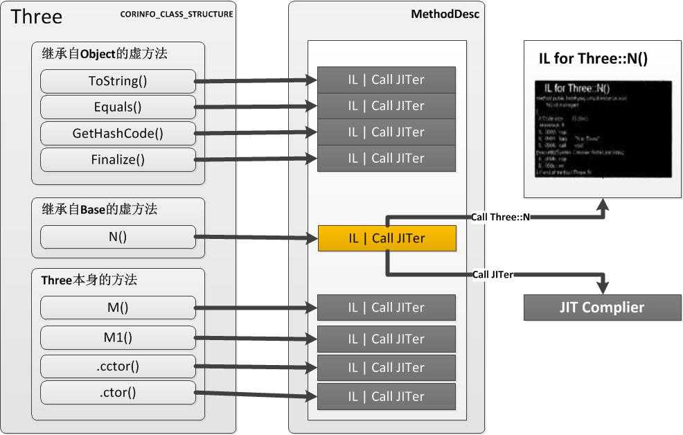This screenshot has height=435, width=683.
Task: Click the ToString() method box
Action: (x=118, y=81)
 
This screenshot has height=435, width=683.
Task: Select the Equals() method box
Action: (x=118, y=107)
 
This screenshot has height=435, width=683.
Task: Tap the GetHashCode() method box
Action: (x=118, y=133)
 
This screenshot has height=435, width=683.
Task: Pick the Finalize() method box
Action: (x=118, y=159)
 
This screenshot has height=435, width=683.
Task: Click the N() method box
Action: (x=118, y=237)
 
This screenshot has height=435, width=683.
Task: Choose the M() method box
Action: (x=118, y=308)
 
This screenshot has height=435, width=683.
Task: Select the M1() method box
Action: (x=118, y=337)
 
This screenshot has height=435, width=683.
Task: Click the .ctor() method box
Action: (x=118, y=393)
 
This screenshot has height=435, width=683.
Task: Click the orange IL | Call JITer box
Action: (x=387, y=238)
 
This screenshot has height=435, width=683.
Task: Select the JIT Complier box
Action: (x=602, y=308)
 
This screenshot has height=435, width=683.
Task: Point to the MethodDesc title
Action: (x=454, y=14)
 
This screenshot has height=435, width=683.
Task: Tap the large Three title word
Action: (x=37, y=17)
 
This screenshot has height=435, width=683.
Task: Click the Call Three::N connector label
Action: (x=500, y=217)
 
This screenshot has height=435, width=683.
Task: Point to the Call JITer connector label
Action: (x=493, y=274)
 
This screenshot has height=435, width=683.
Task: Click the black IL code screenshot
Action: (x=603, y=129)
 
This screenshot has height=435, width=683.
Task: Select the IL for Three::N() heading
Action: (x=593, y=59)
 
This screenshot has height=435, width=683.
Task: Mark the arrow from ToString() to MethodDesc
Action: (x=256, y=81)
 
